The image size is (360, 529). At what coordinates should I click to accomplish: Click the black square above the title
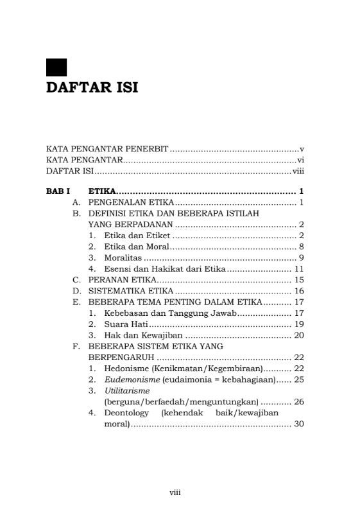click(x=56, y=68)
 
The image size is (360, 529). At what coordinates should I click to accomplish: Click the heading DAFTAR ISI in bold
click(x=92, y=88)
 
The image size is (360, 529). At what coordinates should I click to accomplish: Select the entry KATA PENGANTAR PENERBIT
click(x=107, y=149)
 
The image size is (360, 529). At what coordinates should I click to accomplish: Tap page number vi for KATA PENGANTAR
click(x=300, y=160)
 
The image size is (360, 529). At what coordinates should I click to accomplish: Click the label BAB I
click(x=58, y=191)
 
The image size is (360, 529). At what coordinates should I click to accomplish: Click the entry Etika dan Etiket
click(x=137, y=236)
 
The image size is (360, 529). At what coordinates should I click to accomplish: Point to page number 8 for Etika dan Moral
click(x=301, y=247)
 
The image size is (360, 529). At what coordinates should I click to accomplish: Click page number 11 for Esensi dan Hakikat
click(x=298, y=268)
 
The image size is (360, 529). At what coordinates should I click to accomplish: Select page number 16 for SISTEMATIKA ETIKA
click(x=298, y=291)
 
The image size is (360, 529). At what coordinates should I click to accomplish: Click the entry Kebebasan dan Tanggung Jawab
click(x=171, y=313)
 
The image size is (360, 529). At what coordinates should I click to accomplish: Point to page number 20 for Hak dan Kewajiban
click(x=298, y=334)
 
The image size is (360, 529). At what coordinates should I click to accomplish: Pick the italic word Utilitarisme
click(x=127, y=390)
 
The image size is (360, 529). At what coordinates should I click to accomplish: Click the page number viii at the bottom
click(x=175, y=492)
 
